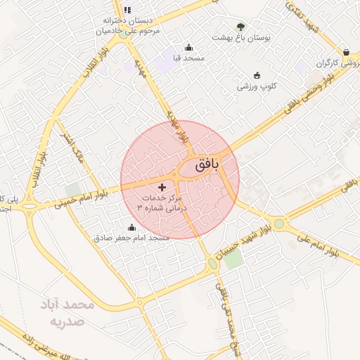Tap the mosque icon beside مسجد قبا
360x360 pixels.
coord(178,47)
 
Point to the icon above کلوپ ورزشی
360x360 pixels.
coord(257,75)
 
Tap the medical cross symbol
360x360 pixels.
coord(163,187)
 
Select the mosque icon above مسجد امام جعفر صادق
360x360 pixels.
coord(131,227)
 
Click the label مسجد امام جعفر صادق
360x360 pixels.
coord(132,238)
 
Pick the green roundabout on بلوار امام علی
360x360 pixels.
coord(281,224)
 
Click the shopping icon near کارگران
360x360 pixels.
coord(346,52)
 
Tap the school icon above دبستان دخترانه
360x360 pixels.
coord(127,10)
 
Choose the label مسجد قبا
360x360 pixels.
coord(184,58)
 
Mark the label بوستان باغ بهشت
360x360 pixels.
coord(246,37)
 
